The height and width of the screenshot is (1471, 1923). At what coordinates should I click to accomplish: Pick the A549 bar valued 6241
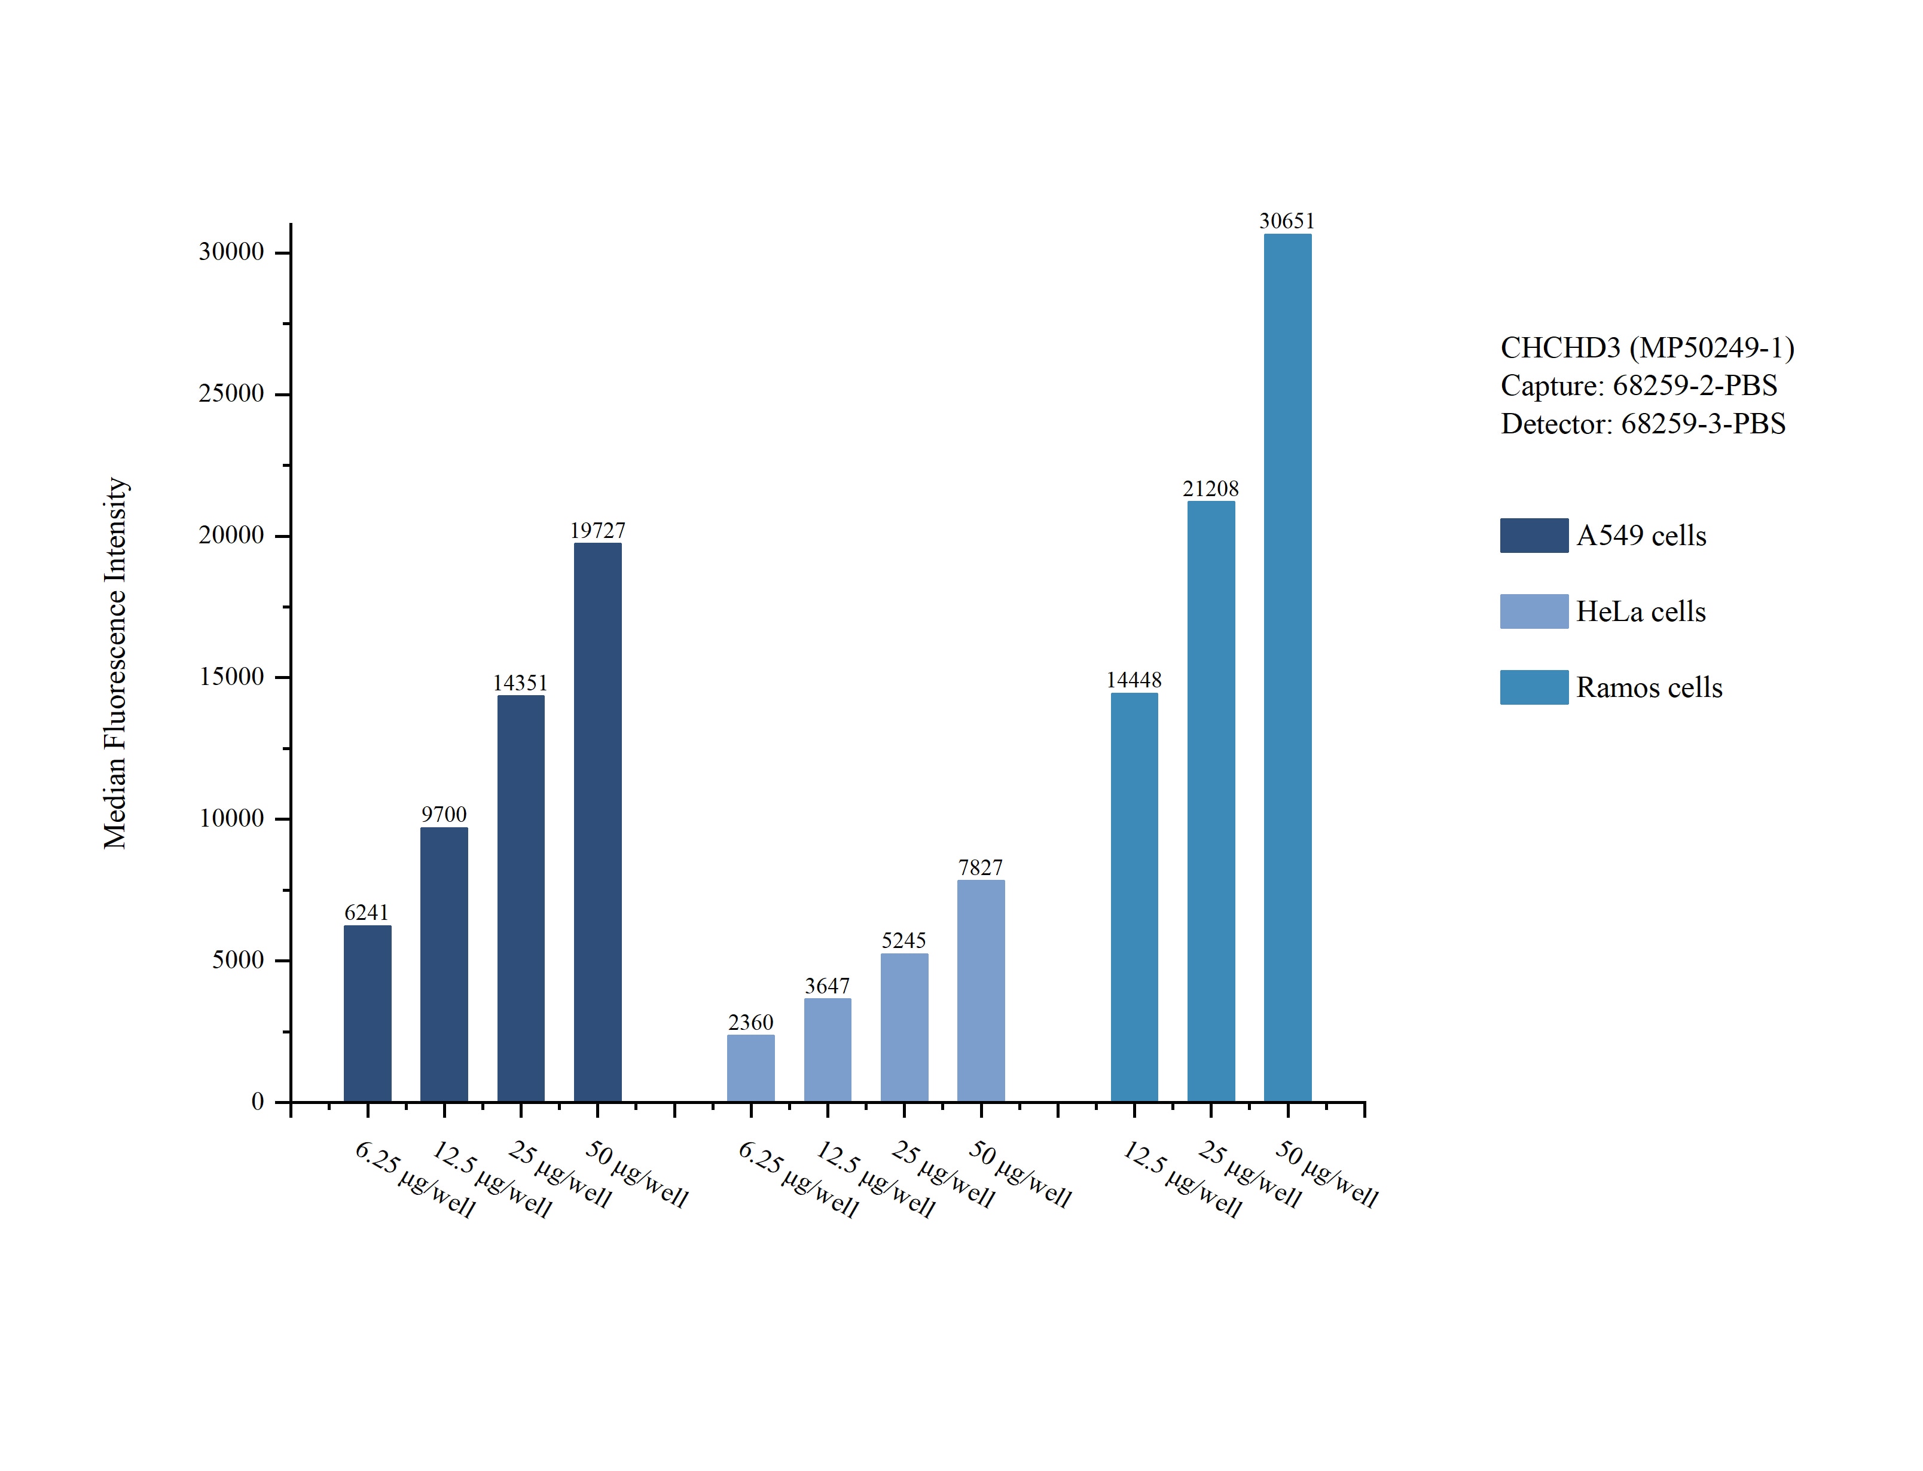coord(367,1013)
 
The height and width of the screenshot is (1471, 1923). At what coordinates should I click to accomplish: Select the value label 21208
coord(1210,488)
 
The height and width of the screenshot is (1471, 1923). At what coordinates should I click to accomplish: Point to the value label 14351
coord(520,683)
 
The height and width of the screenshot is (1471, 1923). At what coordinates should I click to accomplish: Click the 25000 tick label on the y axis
coord(231,394)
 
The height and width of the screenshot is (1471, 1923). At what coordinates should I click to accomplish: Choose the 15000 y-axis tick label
coord(231,677)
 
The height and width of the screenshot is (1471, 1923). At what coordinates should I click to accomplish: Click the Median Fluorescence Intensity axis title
coord(115,663)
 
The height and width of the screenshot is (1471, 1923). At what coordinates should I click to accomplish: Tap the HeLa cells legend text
coord(1640,611)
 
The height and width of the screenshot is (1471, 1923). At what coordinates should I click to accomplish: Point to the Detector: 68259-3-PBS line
coord(1643,424)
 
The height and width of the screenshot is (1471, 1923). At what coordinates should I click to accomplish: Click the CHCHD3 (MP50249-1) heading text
coord(1647,348)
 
